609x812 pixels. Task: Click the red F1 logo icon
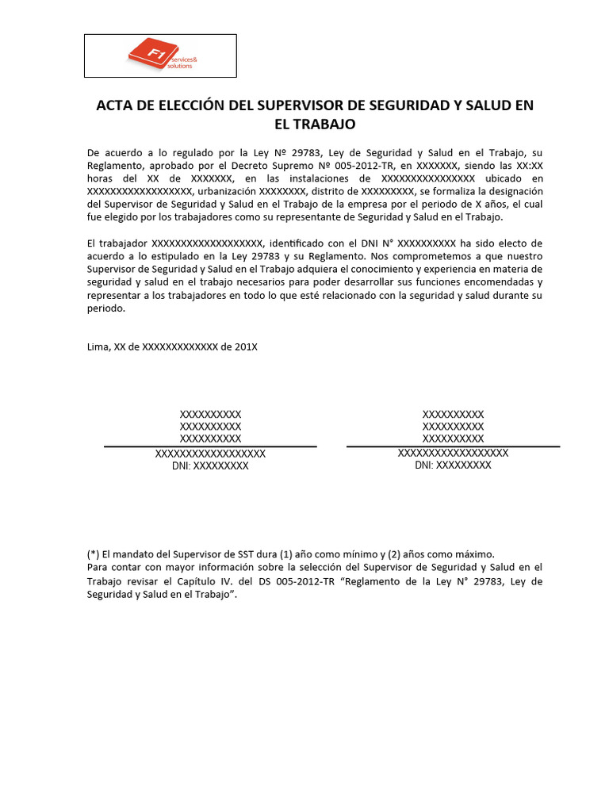click(x=145, y=54)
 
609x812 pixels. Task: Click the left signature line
click(x=210, y=446)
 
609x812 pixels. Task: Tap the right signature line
click(x=453, y=446)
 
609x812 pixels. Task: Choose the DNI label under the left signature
click(x=182, y=466)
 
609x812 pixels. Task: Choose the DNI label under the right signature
click(x=424, y=465)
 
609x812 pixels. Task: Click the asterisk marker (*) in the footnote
click(x=93, y=555)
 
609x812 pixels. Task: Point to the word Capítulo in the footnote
click(x=217, y=581)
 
